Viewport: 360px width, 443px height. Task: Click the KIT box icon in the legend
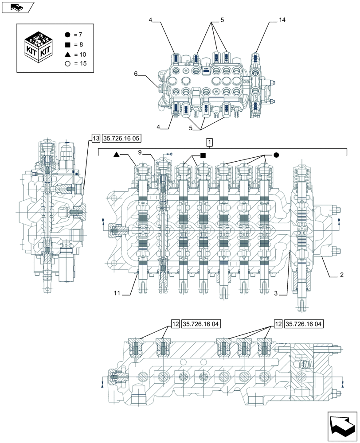[39, 47]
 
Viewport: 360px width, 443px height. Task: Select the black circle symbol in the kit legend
[67, 35]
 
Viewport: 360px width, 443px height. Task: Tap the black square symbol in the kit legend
[67, 45]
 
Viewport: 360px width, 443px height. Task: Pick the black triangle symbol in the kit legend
[67, 54]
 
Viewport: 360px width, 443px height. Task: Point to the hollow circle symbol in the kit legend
[67, 64]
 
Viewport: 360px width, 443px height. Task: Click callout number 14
[282, 20]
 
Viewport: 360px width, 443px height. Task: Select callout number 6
[136, 74]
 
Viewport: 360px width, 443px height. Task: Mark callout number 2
[341, 275]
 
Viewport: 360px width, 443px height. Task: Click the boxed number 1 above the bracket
[209, 142]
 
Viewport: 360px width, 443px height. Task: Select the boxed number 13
[96, 138]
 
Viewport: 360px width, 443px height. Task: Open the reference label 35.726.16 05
[121, 138]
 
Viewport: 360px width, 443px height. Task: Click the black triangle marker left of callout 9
[116, 155]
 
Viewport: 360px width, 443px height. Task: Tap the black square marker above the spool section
[203, 155]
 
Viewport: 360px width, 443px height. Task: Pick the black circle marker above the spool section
[276, 155]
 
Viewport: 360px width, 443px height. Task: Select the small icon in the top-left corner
[18, 7]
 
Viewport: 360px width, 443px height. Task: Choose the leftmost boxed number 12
[175, 324]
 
